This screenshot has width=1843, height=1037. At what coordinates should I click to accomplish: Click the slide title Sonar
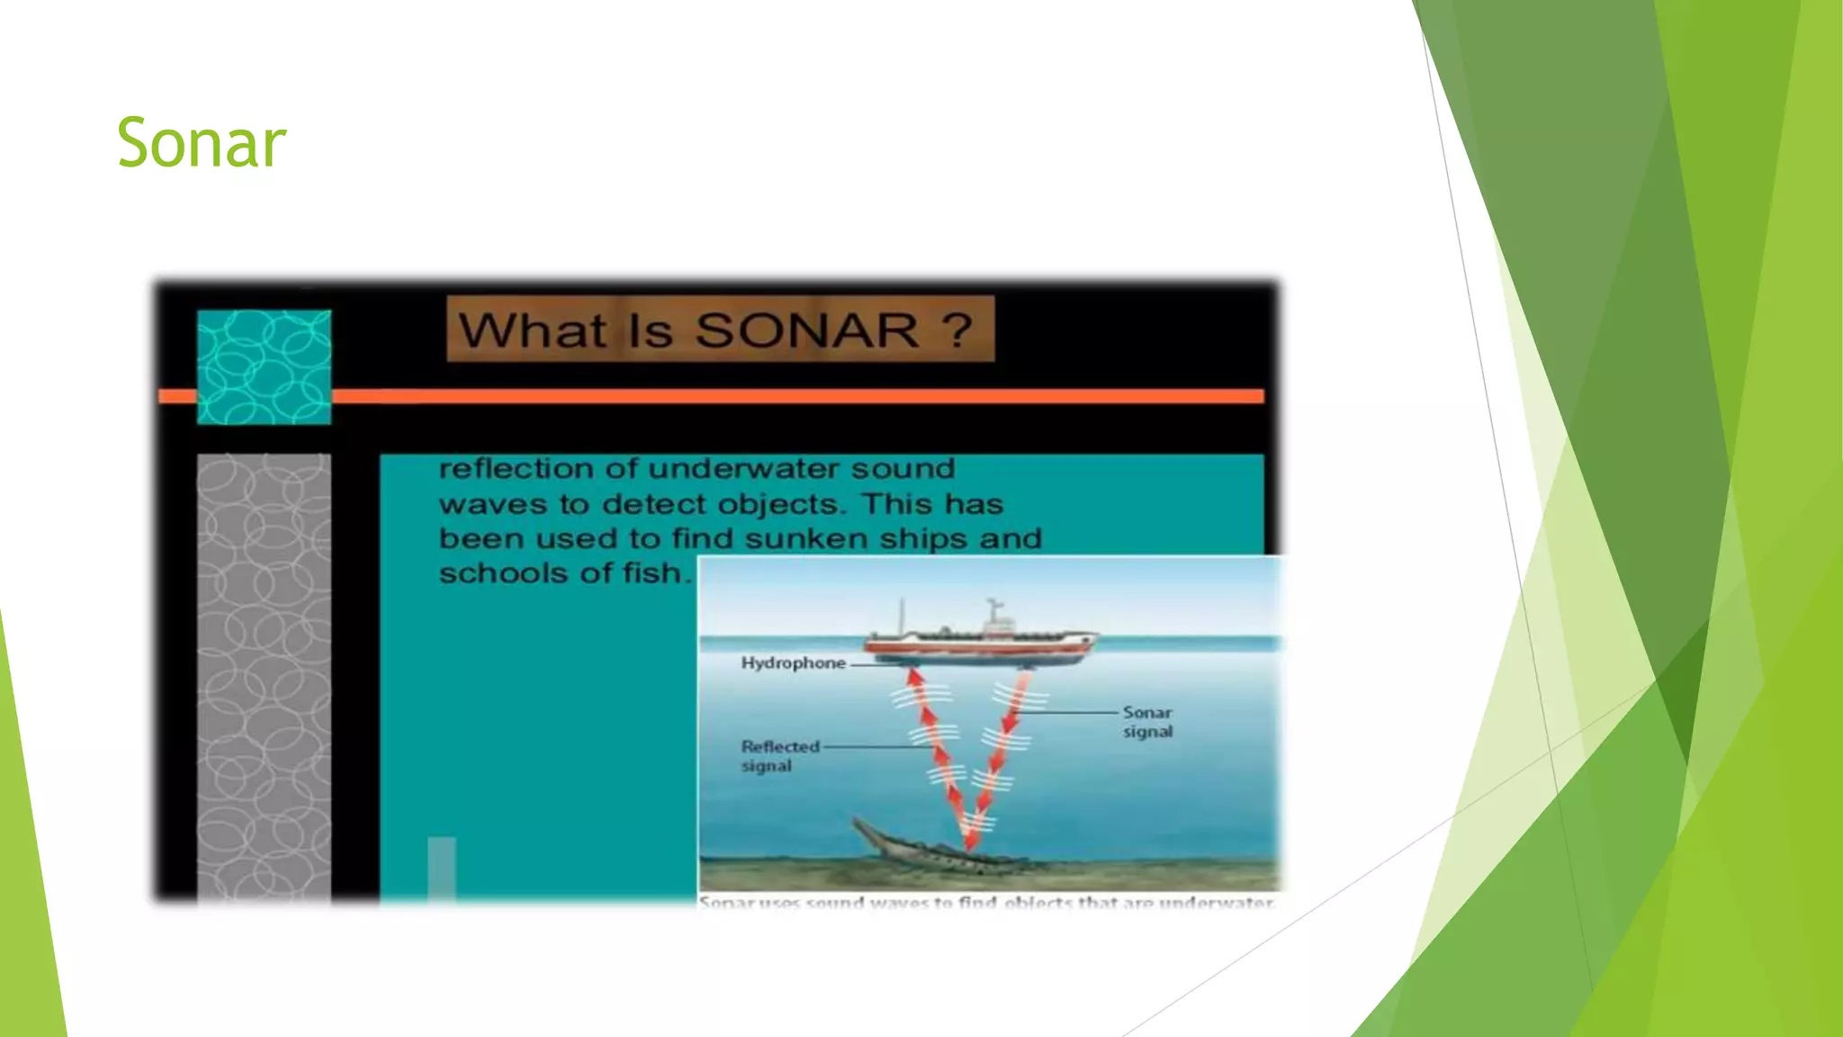(x=202, y=143)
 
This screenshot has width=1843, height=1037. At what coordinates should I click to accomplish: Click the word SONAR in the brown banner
(x=807, y=330)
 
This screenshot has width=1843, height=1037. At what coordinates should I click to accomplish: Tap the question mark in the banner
(x=959, y=329)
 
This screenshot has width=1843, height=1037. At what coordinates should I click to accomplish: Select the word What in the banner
(x=533, y=330)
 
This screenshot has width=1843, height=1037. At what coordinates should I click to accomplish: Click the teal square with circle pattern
(x=264, y=366)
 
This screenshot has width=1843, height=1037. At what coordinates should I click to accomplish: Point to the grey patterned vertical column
(x=264, y=675)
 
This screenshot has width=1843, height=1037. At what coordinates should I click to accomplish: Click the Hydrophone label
(x=793, y=663)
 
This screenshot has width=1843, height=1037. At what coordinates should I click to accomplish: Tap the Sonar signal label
(x=1147, y=722)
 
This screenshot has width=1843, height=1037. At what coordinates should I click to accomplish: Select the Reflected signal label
(x=779, y=756)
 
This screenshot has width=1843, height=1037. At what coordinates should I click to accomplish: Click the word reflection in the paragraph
(x=516, y=469)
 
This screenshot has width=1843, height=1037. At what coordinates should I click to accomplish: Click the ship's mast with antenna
(x=993, y=612)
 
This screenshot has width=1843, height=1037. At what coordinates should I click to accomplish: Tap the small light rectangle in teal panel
(x=441, y=868)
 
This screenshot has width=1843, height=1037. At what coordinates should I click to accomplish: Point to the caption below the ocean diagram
(x=986, y=902)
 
